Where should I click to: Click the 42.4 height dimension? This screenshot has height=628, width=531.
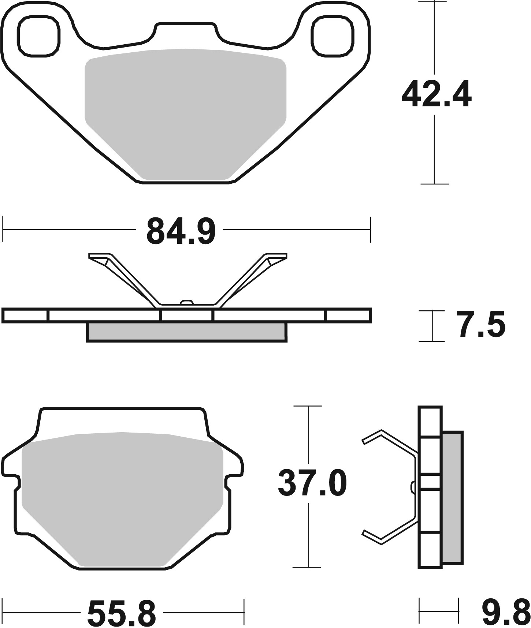pos(436,95)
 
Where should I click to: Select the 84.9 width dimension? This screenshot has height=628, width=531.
pos(181,231)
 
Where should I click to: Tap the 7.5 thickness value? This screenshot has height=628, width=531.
pos(480,324)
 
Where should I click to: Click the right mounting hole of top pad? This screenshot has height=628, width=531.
pos(333,37)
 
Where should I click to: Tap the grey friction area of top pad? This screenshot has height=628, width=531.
pos(185,110)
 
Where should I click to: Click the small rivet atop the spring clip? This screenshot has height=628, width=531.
pos(187,302)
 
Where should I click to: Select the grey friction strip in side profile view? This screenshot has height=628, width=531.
pos(452,501)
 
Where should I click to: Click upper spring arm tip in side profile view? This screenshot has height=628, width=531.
pos(366,439)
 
